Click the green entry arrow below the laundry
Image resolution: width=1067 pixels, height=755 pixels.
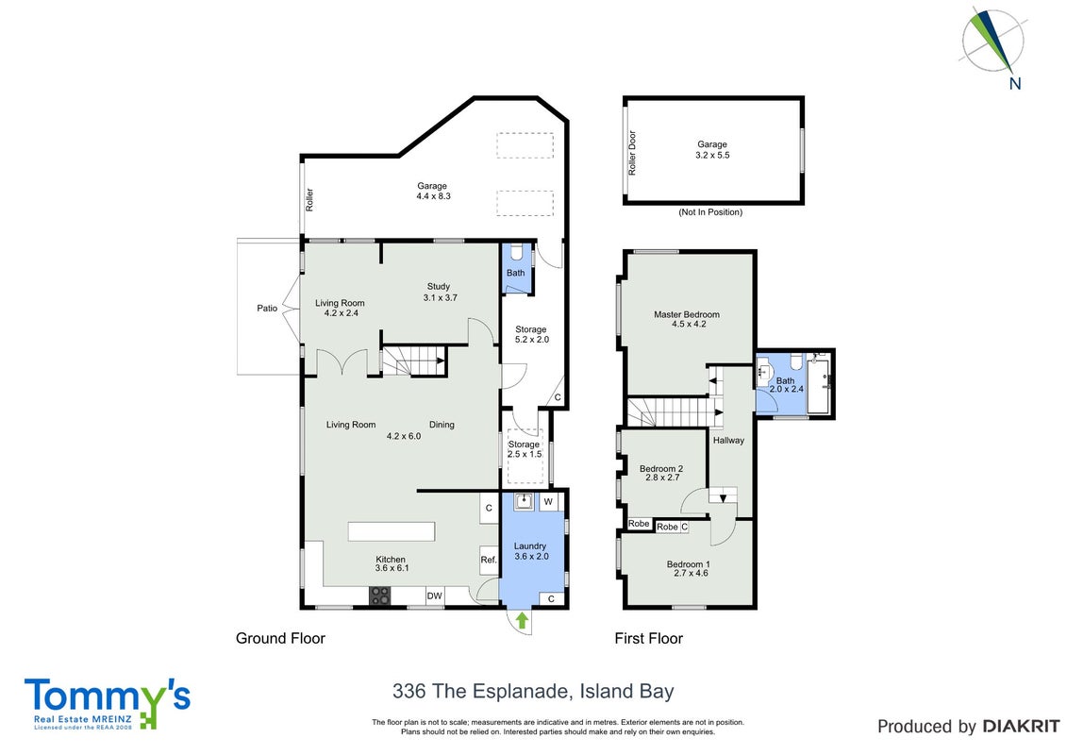click(522, 620)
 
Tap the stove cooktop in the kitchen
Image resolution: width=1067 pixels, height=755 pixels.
click(380, 596)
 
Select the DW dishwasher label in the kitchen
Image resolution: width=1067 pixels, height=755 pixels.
click(434, 596)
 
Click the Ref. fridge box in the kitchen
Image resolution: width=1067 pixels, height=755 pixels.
click(489, 561)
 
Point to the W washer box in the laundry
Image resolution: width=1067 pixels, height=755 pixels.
click(548, 502)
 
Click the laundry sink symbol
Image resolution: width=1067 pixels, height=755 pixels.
click(524, 501)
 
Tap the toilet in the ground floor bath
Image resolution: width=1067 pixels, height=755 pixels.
click(516, 253)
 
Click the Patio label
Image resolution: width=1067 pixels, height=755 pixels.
click(267, 309)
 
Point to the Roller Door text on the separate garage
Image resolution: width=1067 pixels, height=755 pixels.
click(632, 153)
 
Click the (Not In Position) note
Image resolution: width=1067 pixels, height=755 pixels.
click(710, 212)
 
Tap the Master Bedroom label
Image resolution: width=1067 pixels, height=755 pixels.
click(687, 314)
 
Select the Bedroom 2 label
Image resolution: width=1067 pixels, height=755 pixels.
click(661, 468)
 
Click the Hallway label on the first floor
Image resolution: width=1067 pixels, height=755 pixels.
click(729, 441)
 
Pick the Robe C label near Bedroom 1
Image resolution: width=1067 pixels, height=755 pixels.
click(673, 527)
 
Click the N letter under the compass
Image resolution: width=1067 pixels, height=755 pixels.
click(1015, 84)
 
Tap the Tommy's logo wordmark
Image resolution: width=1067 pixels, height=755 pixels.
click(108, 696)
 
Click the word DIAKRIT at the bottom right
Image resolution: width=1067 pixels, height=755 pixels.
click(1021, 727)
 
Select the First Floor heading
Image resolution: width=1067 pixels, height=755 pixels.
click(648, 639)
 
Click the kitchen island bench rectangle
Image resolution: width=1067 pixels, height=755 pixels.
click(392, 531)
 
